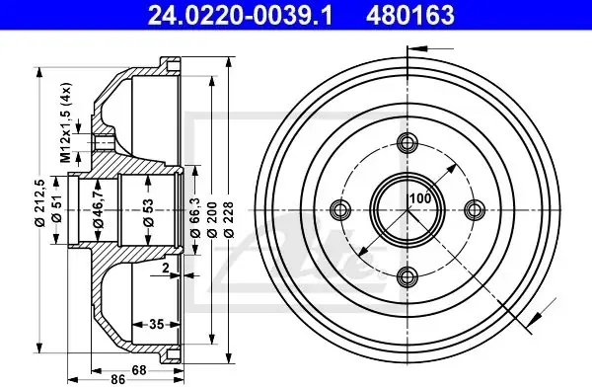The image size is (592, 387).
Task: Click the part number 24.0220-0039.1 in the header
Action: tap(240, 15)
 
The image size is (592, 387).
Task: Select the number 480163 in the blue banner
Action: tap(410, 15)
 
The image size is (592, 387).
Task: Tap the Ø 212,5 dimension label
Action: tap(40, 202)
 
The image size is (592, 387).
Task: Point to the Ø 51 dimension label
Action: tap(56, 209)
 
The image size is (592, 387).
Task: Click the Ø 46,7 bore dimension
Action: tap(98, 209)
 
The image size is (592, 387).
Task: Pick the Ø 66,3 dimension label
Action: tap(195, 218)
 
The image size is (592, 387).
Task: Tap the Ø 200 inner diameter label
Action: tap(212, 219)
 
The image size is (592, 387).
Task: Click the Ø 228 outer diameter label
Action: tap(229, 219)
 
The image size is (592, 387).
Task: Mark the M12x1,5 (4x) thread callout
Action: tap(66, 122)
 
